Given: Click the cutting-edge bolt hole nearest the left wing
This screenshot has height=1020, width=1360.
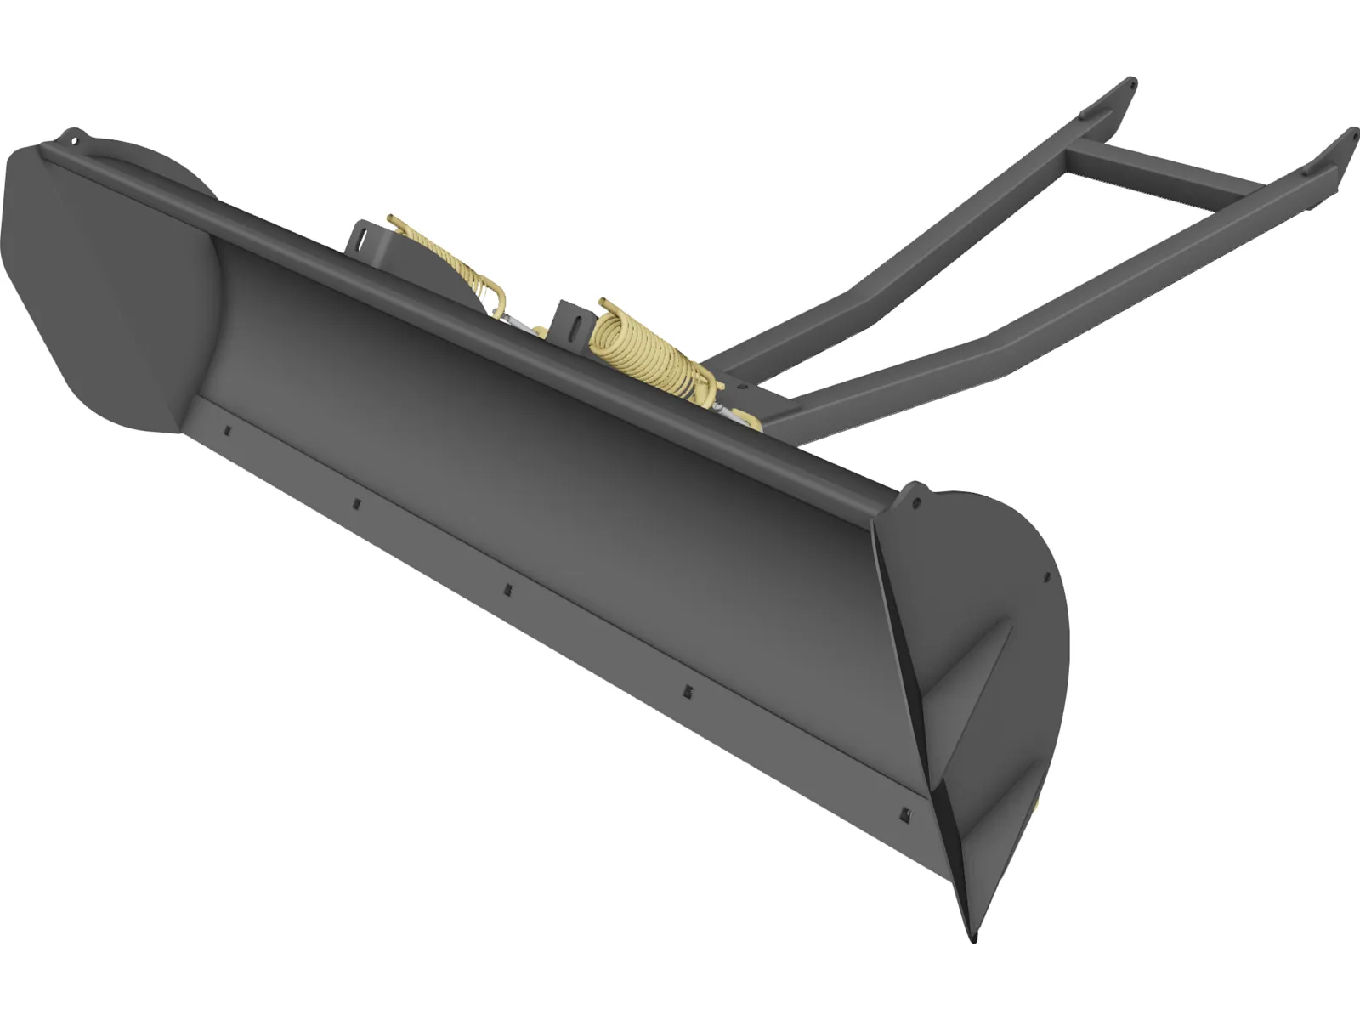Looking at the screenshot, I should pyautogui.click(x=228, y=431).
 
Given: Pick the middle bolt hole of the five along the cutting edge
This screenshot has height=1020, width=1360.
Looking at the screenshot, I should pyautogui.click(x=507, y=589).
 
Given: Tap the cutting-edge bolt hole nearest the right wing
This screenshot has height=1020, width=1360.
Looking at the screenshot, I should pyautogui.click(x=903, y=813).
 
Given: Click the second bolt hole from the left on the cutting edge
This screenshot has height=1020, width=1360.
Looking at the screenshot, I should pyautogui.click(x=357, y=504).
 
